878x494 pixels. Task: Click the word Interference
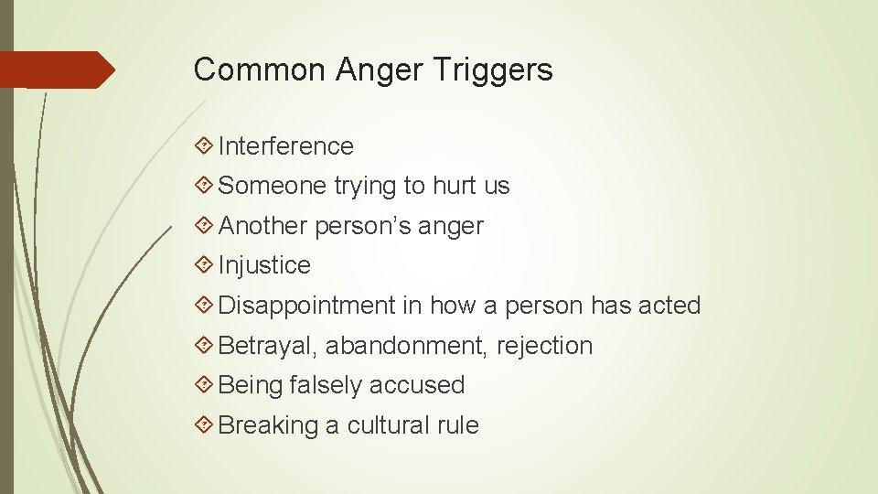tap(285, 146)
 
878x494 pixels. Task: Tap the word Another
tap(263, 226)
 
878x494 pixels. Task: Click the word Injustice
tap(264, 265)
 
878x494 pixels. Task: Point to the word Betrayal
tap(268, 346)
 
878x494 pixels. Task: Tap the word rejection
tap(544, 346)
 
